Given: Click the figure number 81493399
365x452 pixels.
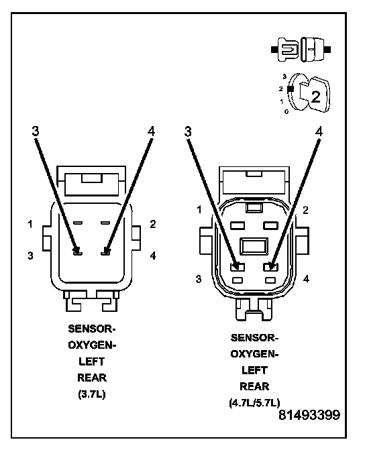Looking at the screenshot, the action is [x=309, y=415].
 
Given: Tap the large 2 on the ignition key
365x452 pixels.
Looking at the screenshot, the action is [x=316, y=97].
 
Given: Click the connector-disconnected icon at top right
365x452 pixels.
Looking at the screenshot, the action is [x=301, y=50].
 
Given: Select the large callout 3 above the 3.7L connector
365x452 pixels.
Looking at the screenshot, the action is [x=36, y=131].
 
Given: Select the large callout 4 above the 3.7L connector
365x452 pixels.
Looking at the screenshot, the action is [x=151, y=131].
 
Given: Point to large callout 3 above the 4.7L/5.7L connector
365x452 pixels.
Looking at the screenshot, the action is [x=188, y=131].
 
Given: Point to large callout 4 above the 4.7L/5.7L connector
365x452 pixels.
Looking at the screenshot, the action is [x=318, y=131].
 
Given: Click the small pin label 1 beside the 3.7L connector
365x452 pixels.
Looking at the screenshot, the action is [x=30, y=224].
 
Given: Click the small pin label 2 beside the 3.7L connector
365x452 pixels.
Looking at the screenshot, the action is [x=153, y=224].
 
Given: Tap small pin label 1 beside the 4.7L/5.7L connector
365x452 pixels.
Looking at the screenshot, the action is [x=199, y=209].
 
